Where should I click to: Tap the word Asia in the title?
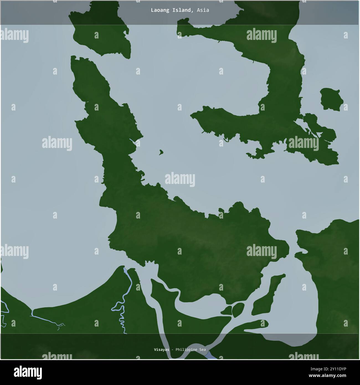pyautogui.click(x=203, y=10)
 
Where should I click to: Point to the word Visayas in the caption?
pyautogui.click(x=161, y=350)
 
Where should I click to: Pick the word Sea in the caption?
pyautogui.click(x=202, y=350)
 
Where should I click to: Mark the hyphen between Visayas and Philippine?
pyautogui.click(x=172, y=350)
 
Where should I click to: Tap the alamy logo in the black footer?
pyautogui.click(x=28, y=372)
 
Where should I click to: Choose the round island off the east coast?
pyautogui.click(x=331, y=99)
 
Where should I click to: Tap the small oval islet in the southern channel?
pyautogui.click(x=238, y=310)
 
